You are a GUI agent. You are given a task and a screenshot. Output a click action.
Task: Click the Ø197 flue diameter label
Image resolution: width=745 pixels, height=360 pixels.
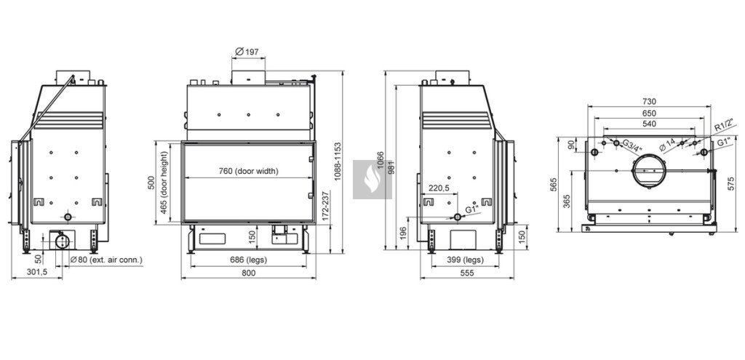click(247, 52)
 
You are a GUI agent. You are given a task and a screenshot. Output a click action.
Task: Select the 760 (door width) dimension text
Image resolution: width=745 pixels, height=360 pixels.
click(248, 171)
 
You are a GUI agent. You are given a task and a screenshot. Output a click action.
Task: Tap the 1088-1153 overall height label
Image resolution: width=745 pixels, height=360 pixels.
click(338, 161)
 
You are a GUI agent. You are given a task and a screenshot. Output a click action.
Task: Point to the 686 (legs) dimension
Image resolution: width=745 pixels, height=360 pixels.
click(248, 260)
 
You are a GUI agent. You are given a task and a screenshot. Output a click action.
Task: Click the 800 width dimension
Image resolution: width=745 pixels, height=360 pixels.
click(249, 273)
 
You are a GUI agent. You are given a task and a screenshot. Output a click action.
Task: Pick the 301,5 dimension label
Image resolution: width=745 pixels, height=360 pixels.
click(36, 273)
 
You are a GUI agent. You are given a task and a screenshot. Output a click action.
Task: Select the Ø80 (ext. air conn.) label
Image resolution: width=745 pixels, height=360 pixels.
click(106, 260)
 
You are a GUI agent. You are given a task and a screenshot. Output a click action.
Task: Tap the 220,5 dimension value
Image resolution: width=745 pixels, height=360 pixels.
click(439, 188)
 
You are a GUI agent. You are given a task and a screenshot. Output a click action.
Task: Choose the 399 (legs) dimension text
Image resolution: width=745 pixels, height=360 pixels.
click(465, 260)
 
